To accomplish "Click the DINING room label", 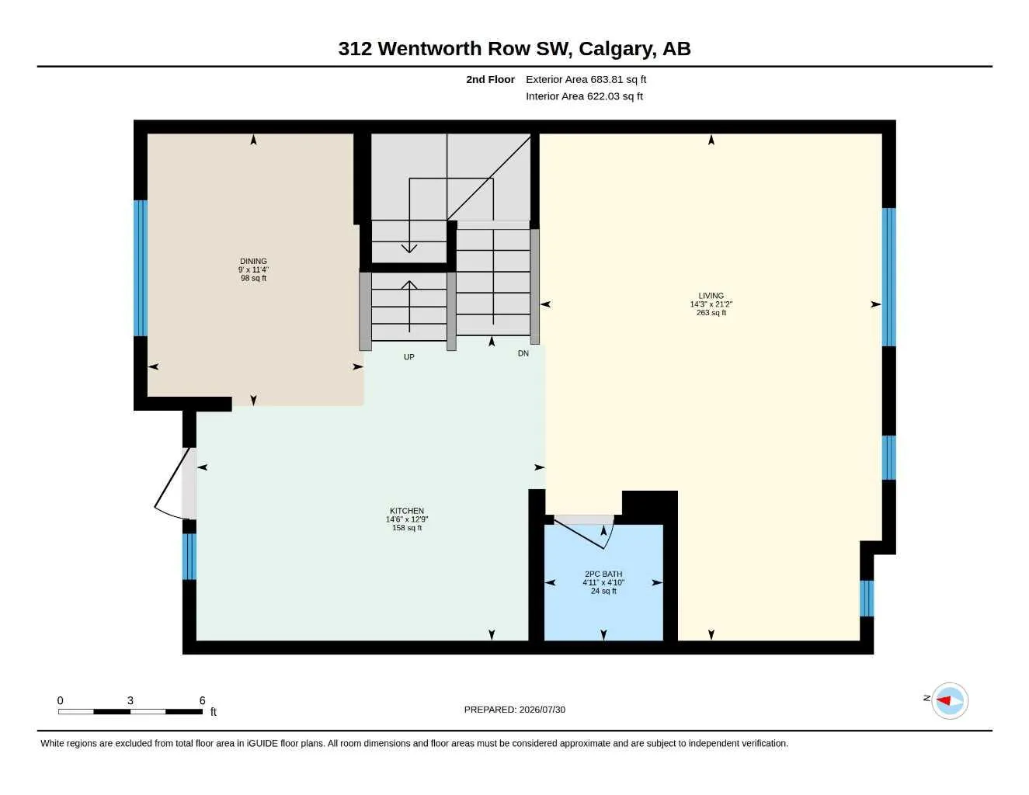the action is [x=253, y=261].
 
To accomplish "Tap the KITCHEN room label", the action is [x=407, y=511].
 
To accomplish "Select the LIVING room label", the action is [x=711, y=295].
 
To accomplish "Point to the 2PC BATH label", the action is [x=603, y=574].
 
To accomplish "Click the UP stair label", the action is [x=409, y=357].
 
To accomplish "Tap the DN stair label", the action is [x=523, y=353].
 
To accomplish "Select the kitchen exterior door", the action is [x=172, y=484].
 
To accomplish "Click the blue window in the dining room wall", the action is [x=141, y=269].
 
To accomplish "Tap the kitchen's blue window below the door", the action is [x=189, y=557].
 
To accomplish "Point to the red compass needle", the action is [x=944, y=700].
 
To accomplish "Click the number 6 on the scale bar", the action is [x=202, y=700].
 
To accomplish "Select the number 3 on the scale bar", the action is [x=130, y=700].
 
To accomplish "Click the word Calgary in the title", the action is [x=617, y=49].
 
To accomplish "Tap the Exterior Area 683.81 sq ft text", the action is [x=586, y=79].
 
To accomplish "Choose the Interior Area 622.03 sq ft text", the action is [x=584, y=96].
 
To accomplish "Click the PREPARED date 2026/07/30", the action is [x=542, y=710].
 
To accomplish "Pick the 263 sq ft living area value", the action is [x=711, y=313].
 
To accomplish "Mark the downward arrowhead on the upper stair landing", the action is [x=409, y=248].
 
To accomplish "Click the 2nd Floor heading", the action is [x=490, y=79].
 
